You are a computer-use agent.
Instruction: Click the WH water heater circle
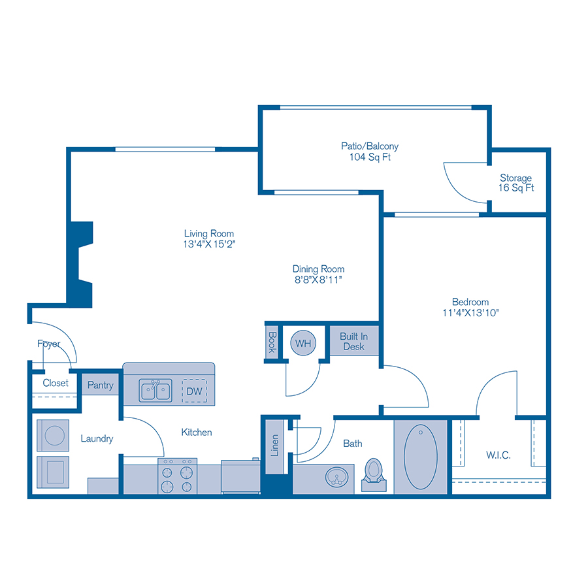(x=302, y=342)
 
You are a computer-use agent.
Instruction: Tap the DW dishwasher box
(x=194, y=391)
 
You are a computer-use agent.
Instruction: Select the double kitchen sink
(x=155, y=391)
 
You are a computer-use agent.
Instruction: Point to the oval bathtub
(x=421, y=457)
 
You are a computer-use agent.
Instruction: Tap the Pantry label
(x=100, y=385)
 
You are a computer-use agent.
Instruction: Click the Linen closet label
(x=275, y=445)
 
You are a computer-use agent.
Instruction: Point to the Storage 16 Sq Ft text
(x=515, y=183)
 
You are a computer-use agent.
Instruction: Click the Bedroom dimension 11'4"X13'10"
(x=470, y=312)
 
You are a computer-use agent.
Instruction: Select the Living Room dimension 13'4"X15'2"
(x=208, y=244)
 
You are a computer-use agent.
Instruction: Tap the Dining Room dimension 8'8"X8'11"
(x=318, y=280)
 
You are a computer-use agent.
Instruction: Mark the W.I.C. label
(x=498, y=453)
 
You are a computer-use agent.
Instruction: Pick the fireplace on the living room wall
(x=81, y=264)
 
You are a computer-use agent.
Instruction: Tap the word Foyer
(x=48, y=344)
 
